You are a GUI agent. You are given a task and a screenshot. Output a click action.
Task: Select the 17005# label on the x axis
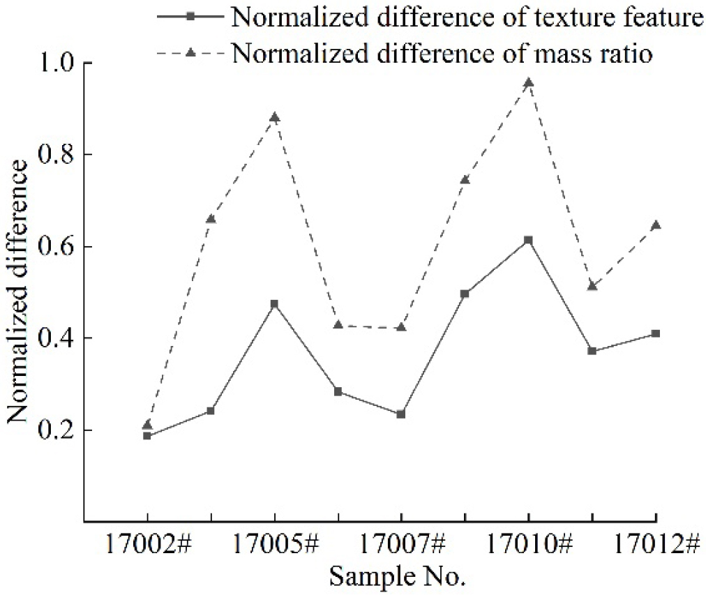pyautogui.click(x=274, y=544)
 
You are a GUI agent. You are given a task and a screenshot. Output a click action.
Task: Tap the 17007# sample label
pyautogui.click(x=401, y=544)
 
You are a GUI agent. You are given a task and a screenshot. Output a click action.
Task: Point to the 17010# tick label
pyautogui.click(x=528, y=544)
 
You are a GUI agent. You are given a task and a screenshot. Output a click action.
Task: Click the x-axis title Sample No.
pyautogui.click(x=396, y=577)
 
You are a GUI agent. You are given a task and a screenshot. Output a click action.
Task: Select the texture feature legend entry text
pyautogui.click(x=467, y=17)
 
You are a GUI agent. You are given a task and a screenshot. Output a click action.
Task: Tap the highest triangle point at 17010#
pyautogui.click(x=528, y=82)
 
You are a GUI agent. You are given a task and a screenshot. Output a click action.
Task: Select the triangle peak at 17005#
pyautogui.click(x=274, y=117)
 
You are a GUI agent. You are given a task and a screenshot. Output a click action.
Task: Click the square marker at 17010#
pyautogui.click(x=528, y=240)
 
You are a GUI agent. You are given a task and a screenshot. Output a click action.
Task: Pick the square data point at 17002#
pyautogui.click(x=147, y=436)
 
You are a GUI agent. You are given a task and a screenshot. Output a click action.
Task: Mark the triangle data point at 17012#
pyautogui.click(x=655, y=225)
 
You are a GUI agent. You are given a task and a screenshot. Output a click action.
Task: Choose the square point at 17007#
pyautogui.click(x=401, y=414)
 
